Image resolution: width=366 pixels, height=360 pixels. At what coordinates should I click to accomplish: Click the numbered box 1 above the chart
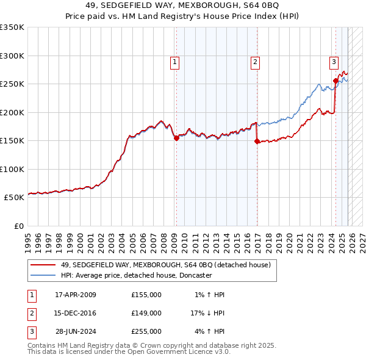(175, 61)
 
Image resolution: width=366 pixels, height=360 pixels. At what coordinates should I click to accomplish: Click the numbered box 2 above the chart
(254, 61)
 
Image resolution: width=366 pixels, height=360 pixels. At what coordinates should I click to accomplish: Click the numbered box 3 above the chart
(334, 61)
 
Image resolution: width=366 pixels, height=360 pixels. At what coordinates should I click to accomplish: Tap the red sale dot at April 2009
(176, 139)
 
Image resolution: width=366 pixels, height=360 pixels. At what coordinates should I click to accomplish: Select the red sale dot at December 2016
(256, 142)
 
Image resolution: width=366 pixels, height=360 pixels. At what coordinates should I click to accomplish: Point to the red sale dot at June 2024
(335, 81)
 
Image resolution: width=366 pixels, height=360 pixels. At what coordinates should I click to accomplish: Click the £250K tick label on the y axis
(12, 84)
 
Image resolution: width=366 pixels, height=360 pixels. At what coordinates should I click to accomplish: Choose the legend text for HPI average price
(135, 275)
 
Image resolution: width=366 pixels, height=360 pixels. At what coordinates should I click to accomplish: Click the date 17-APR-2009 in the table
(76, 295)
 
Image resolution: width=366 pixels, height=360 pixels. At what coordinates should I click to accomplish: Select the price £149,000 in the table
(146, 313)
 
